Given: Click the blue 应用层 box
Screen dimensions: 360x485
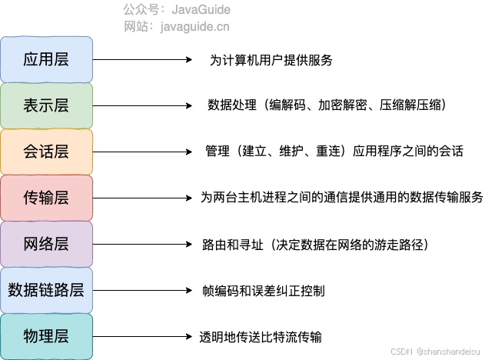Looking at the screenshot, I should pos(46,59).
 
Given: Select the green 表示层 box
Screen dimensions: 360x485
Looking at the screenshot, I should pos(46,105).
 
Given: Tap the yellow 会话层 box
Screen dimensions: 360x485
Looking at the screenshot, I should pos(46,152).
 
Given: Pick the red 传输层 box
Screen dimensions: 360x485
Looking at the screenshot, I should pos(46,198).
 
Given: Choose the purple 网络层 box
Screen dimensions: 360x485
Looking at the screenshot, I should pos(46,244).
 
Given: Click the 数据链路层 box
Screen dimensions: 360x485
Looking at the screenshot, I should pos(46,290).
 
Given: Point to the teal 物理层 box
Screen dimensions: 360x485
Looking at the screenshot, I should pos(46,336).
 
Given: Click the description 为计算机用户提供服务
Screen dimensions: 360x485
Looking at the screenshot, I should pos(271,60).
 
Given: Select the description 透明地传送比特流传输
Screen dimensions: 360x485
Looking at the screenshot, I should pos(261,337).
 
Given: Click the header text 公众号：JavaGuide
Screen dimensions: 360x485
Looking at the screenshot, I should pos(177,10).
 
